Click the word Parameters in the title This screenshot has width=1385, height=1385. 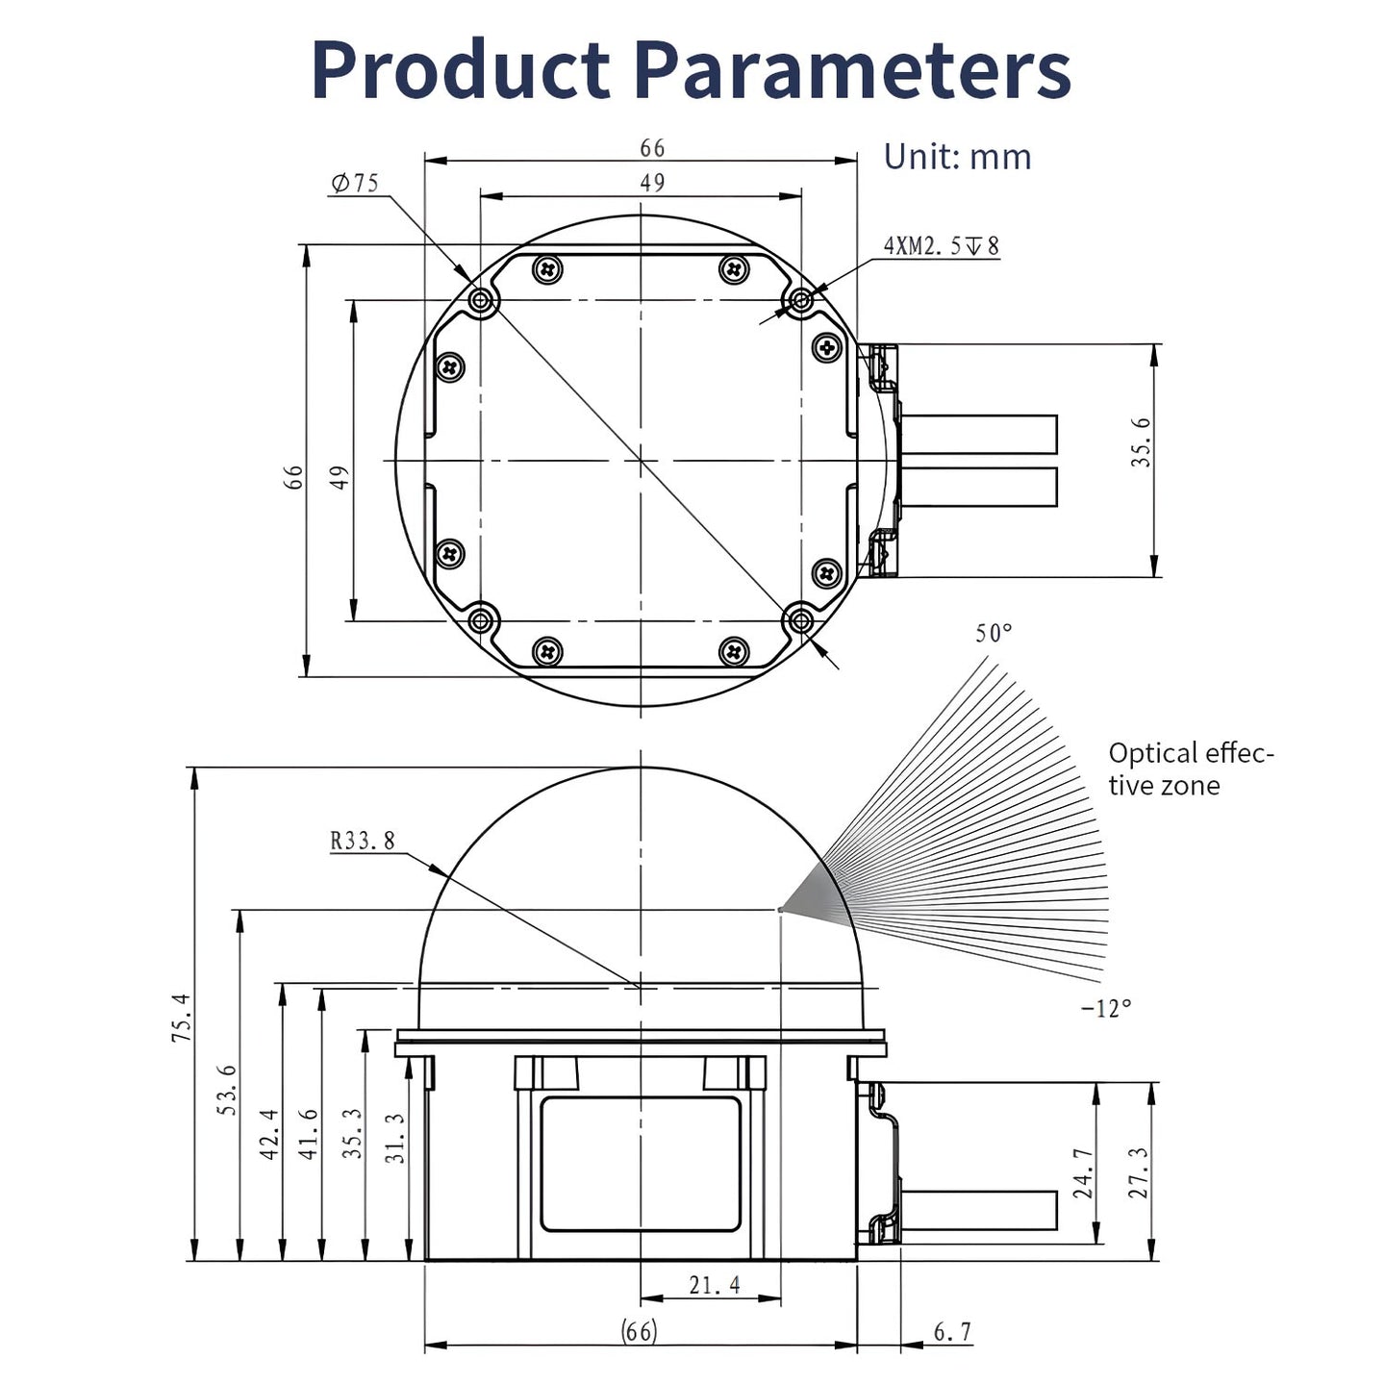853,70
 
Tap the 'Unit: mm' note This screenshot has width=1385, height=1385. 957,157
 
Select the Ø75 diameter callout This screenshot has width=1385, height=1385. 354,183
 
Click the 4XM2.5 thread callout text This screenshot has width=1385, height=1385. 941,246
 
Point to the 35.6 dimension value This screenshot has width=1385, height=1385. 1141,442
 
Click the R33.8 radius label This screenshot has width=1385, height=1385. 363,841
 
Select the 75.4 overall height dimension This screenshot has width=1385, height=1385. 181,1018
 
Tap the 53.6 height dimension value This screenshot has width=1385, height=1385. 227,1090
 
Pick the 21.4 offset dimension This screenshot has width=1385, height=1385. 715,1284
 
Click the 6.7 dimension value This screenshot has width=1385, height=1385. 953,1332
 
